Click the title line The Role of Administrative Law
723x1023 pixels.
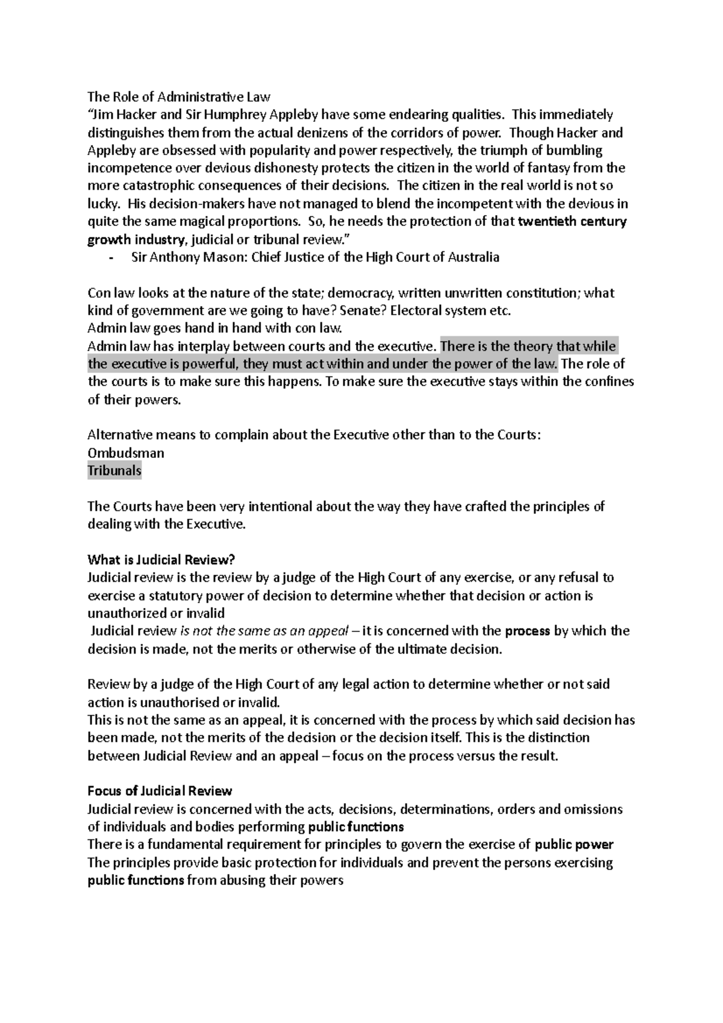pyautogui.click(x=179, y=96)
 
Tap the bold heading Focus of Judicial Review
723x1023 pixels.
pyautogui.click(x=160, y=790)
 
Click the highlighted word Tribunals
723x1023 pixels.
pyautogui.click(x=114, y=471)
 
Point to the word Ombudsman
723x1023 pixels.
pyautogui.click(x=126, y=452)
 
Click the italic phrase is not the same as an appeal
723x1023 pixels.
pyautogui.click(x=264, y=631)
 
